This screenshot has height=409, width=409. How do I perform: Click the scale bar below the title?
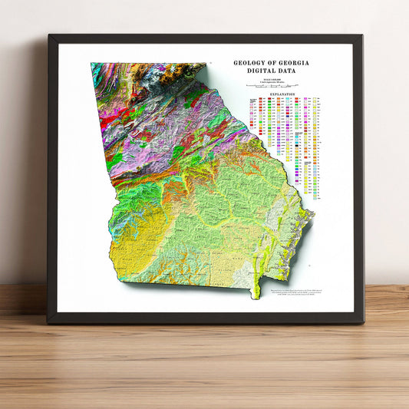[x=275, y=87]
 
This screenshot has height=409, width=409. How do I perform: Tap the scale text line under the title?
[x=275, y=78]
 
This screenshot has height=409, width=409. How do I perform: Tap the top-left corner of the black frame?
[x=49, y=36]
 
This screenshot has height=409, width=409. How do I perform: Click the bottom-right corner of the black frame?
[x=361, y=322]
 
